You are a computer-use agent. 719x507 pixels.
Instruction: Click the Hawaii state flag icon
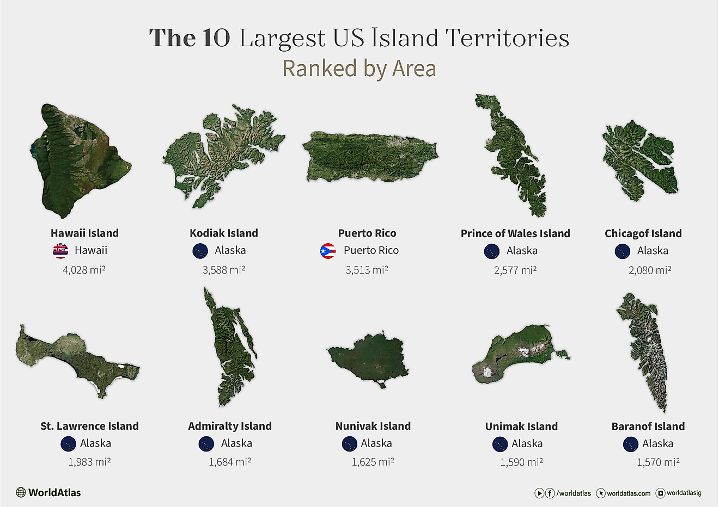[x=60, y=251]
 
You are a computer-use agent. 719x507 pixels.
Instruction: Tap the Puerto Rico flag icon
[x=328, y=251]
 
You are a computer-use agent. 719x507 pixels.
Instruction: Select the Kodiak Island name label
[x=224, y=233]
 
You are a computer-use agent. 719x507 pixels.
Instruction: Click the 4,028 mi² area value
[x=84, y=269]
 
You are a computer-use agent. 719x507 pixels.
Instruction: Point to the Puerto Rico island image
[x=370, y=156]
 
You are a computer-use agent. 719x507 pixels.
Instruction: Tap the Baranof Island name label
[x=648, y=426]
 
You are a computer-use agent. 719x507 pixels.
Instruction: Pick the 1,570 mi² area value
[x=658, y=462]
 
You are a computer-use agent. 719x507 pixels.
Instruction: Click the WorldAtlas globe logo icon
[x=21, y=492]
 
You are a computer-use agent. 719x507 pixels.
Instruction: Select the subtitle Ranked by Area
[x=359, y=69]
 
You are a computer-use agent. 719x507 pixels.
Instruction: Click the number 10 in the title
[x=216, y=39]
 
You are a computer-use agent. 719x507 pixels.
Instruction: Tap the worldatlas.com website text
[x=629, y=493]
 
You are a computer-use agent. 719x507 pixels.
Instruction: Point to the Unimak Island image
[x=517, y=354]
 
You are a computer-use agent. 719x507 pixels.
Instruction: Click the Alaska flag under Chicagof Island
[x=622, y=251]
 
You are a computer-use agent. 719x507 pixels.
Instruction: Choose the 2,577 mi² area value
[x=515, y=270]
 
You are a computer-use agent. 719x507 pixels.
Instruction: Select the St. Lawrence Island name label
[x=89, y=426]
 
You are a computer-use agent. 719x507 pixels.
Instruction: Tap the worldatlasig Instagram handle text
[x=684, y=493]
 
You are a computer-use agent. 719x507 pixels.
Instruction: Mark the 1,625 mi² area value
[x=373, y=462]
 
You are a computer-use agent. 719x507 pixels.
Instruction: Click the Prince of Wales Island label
[x=515, y=233]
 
